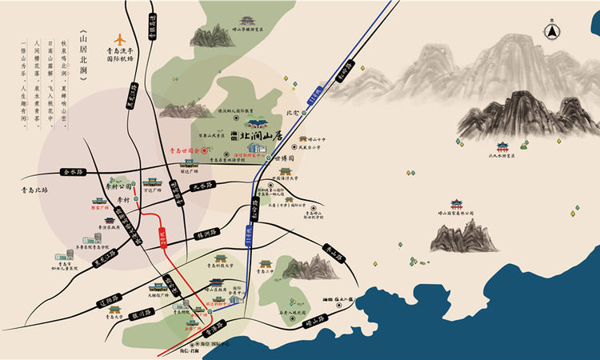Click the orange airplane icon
click(121, 39)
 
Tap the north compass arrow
click(551, 30)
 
